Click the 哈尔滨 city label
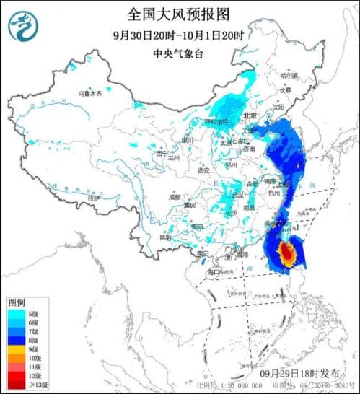pos(288,75)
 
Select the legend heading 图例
pos(16,301)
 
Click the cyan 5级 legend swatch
pos(16,313)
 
